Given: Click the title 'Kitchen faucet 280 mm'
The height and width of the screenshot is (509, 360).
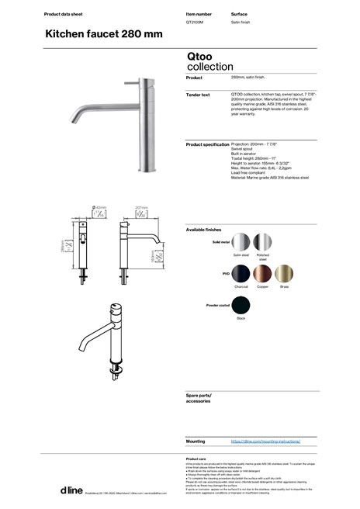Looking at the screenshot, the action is coord(103,35).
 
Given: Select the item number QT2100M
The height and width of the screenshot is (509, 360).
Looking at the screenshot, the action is coord(196,23).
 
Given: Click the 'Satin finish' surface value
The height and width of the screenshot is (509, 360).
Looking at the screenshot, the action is coord(243,23).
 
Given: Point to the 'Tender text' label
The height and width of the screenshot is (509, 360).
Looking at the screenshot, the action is coord(199,95).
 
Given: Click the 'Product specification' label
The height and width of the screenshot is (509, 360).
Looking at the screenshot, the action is coord(207,144).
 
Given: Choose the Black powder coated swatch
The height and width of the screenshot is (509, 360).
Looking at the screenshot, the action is coord(243,306).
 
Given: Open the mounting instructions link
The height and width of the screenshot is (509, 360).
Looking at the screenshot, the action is coord(265,440).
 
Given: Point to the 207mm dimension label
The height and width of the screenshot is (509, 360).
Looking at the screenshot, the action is coord(141,208).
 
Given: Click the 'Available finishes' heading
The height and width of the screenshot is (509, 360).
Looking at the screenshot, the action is coord(204,230).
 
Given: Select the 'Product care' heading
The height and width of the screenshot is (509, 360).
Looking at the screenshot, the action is coord(196,459).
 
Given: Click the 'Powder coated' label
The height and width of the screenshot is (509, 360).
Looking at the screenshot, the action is coord(218,305).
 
